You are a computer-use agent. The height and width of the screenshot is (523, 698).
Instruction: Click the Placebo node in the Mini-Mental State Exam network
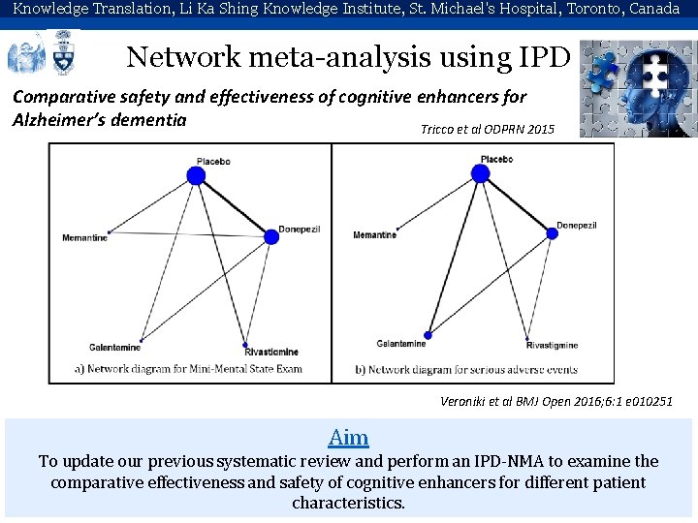click(196, 175)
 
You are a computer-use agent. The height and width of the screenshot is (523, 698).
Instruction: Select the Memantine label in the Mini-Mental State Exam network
click(84, 238)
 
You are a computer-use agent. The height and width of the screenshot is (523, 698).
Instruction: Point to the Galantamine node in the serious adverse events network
click(428, 334)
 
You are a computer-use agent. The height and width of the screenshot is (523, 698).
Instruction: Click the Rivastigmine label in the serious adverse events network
click(552, 345)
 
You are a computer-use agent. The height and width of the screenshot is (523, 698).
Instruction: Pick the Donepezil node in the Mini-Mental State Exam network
click(270, 236)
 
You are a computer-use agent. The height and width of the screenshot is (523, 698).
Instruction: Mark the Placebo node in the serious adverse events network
click(479, 173)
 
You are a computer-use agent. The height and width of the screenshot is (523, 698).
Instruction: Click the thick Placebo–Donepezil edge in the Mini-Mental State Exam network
click(234, 206)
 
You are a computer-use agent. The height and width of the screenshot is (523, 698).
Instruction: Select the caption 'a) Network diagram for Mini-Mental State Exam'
click(189, 368)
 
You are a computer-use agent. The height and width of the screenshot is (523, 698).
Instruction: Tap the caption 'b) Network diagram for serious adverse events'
click(466, 369)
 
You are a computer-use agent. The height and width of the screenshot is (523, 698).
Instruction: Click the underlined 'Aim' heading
click(348, 437)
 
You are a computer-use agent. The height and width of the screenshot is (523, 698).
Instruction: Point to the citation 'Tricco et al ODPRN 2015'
click(488, 129)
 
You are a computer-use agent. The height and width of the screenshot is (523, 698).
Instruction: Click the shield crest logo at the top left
click(66, 54)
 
